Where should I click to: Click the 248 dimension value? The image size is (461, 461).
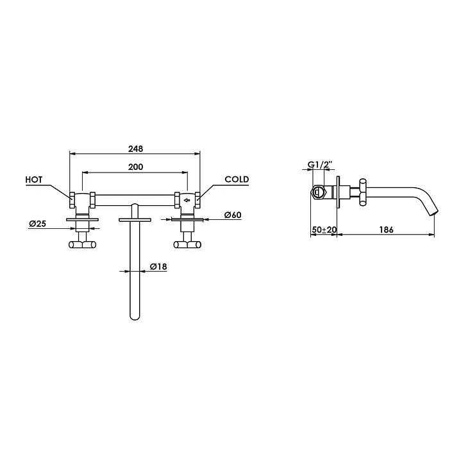pos(135,149)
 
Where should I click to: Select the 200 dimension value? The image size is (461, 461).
pos(135,167)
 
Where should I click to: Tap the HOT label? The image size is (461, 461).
pos(34,180)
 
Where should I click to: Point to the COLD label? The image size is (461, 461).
pos(237,180)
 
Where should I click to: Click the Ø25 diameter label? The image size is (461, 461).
pos(38,224)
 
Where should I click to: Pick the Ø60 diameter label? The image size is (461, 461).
pos(233,215)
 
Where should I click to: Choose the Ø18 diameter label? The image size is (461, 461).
pos(158,267)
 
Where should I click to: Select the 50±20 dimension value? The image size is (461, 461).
pos(324,230)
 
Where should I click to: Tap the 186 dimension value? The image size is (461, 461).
pos(386,230)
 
